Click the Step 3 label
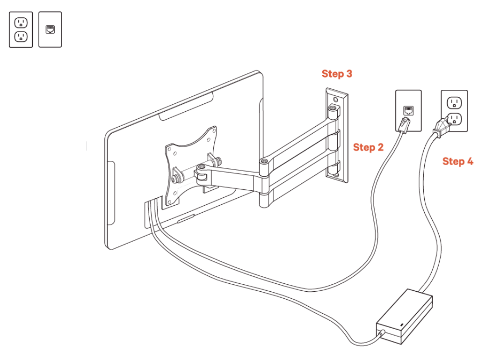[337, 74]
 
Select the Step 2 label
[368, 148]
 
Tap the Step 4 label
[457, 162]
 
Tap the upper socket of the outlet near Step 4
[454, 102]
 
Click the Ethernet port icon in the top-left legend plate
[50, 29]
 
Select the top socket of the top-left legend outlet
[21, 22]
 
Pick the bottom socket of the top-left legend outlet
[21, 36]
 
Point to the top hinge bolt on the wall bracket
[333, 109]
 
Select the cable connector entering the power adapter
[382, 333]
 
